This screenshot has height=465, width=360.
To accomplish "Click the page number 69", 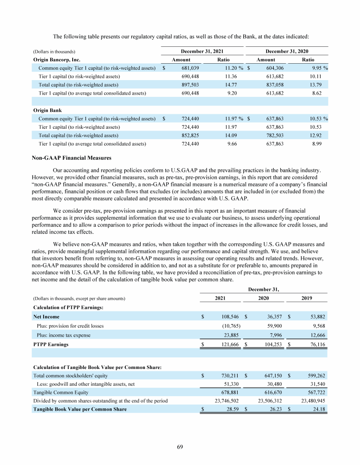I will click(180, 446).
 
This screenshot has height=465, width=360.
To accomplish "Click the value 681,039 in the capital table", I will click(190, 68).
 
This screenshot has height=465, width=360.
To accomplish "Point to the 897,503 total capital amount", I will click(190, 85).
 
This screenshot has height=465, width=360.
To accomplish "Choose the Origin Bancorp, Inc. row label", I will click(57, 60).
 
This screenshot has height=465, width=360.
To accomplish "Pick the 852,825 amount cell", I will click(190, 135).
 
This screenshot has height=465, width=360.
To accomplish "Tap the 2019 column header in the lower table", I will click(307, 298).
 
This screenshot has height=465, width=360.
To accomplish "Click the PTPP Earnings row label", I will click(51, 344).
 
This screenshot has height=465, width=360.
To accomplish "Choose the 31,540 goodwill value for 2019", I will click(316, 384).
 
